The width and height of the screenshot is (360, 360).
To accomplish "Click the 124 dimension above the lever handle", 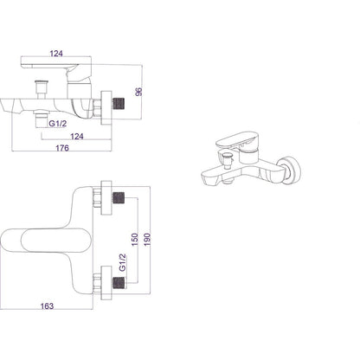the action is tap(56, 54).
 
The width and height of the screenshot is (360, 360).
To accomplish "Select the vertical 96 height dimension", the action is tap(139, 92).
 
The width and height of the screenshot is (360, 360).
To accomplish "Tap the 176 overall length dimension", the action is tap(62, 148).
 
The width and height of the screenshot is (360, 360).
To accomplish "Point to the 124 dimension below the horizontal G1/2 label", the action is tap(77, 136).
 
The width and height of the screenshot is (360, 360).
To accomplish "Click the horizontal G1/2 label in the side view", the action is tap(58, 124).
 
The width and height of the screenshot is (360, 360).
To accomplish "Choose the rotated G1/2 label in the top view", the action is tap(123, 262).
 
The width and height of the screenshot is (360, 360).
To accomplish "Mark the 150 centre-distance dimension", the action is tap(135, 240).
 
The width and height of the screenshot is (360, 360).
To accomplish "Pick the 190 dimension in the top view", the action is tap(147, 240).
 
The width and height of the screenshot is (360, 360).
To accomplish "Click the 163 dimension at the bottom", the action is tap(47, 306).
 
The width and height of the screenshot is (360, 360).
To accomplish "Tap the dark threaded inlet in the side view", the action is tap(119, 104).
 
